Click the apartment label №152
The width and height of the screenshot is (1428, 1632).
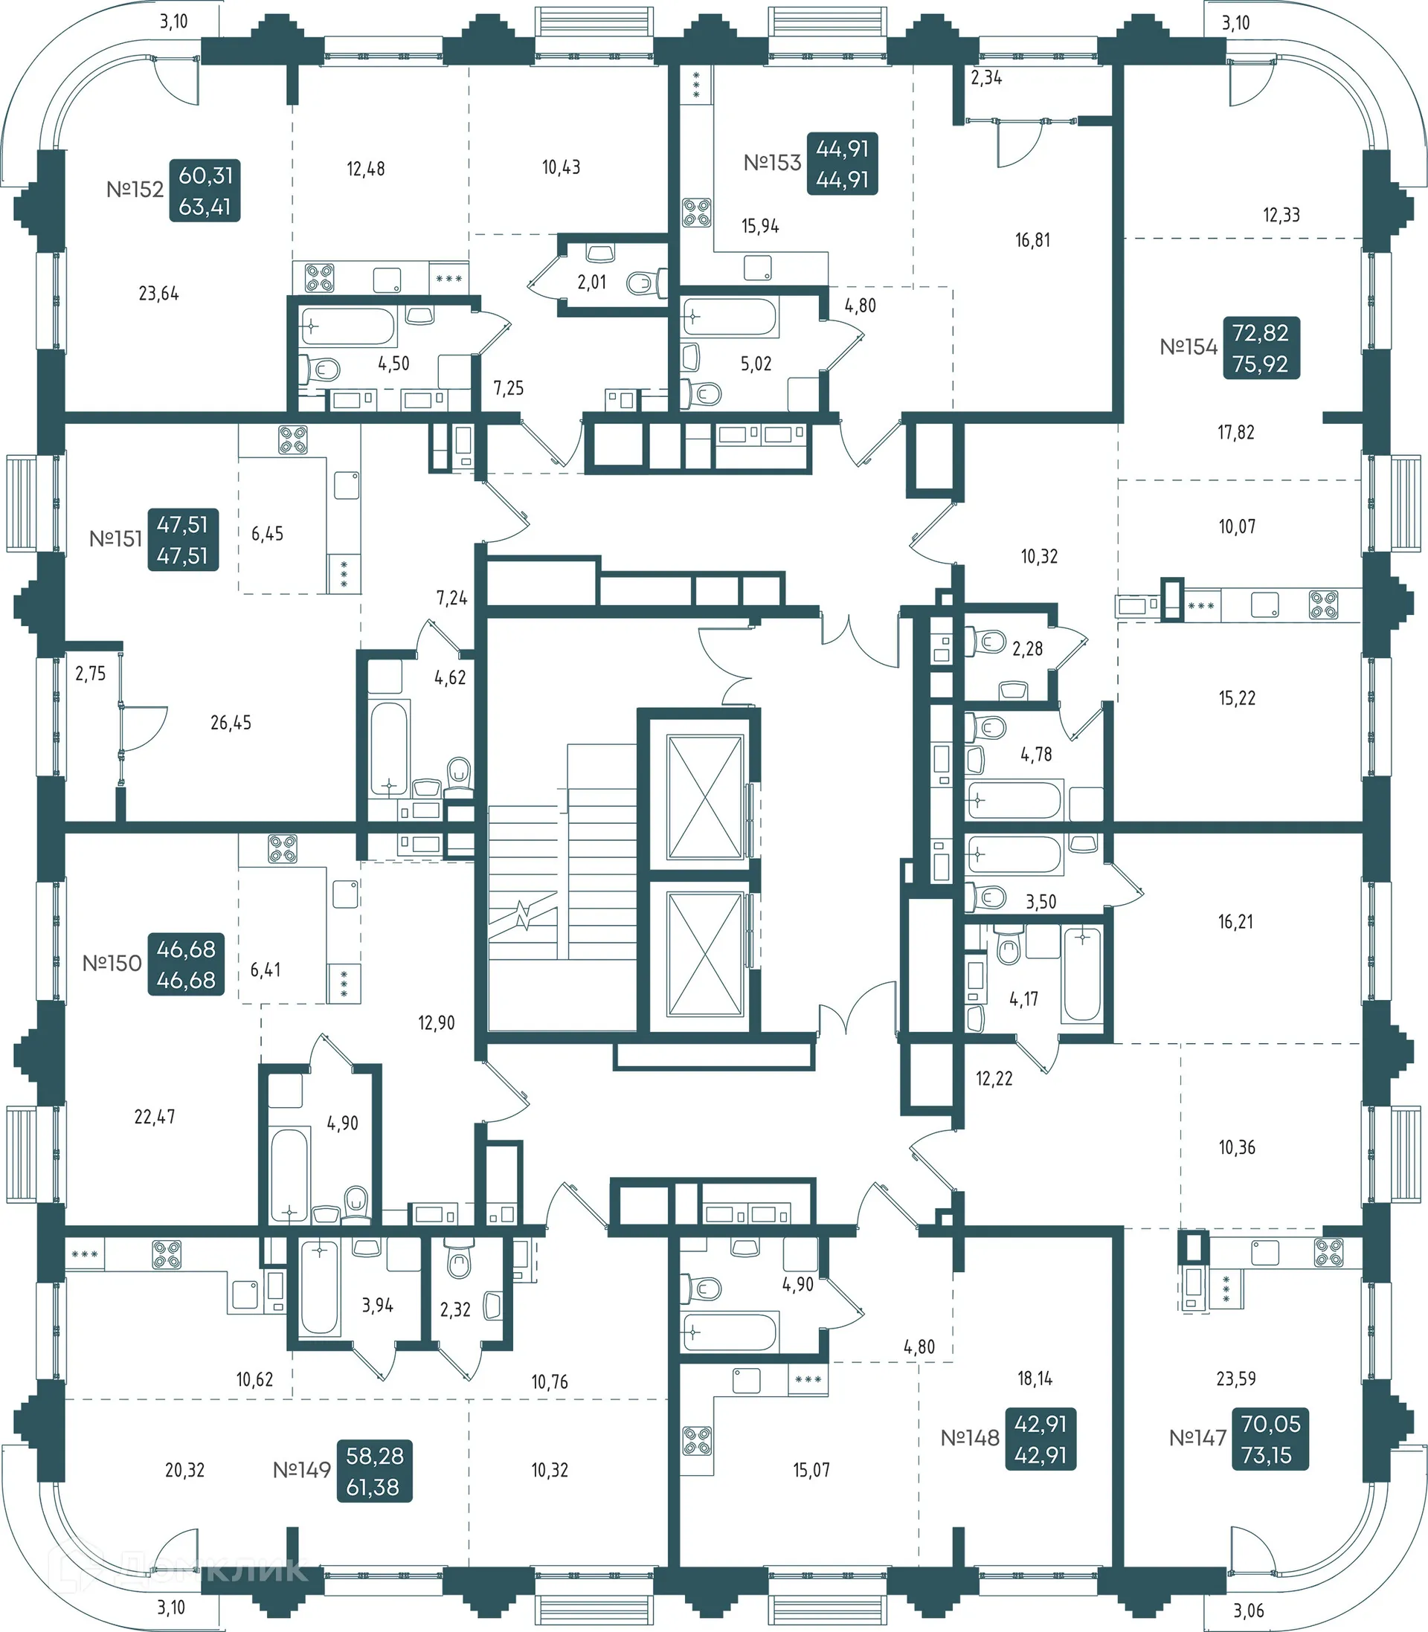(135, 190)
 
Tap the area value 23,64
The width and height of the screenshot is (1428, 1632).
(158, 294)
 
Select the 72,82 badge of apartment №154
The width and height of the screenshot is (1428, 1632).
(1260, 334)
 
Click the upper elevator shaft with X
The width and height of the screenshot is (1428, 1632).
(705, 796)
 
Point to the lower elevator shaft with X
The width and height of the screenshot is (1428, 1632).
(705, 954)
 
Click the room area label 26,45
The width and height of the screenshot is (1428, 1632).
(231, 723)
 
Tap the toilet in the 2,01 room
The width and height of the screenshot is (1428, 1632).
(647, 282)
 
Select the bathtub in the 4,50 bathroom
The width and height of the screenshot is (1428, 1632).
(347, 326)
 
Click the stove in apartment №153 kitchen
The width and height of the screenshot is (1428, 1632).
(696, 213)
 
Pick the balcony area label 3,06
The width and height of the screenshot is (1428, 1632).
(1249, 1610)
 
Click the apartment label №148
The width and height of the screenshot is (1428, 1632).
(970, 1438)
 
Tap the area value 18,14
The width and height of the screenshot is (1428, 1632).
(1035, 1378)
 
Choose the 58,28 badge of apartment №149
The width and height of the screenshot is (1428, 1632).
(375, 1456)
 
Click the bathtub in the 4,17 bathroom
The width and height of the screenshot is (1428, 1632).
(1081, 974)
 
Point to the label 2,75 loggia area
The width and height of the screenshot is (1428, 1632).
(90, 674)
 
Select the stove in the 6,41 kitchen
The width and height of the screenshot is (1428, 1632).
(282, 849)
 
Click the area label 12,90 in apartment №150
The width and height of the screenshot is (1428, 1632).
(436, 1022)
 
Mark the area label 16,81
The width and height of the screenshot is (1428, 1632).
(1032, 239)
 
